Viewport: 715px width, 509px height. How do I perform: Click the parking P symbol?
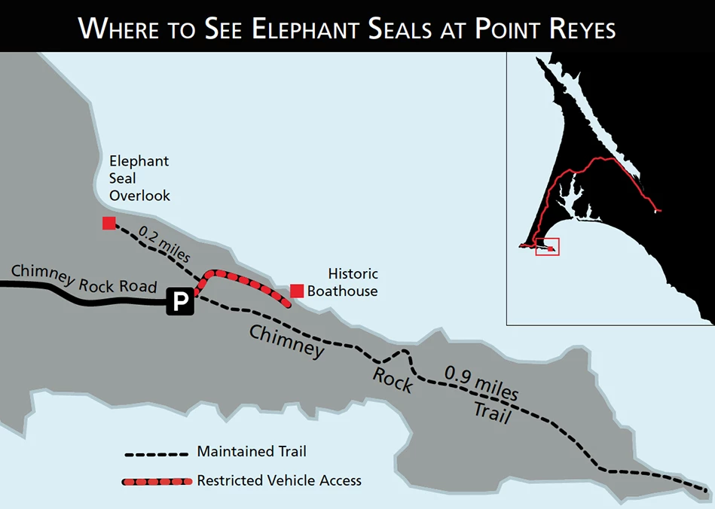(181, 303)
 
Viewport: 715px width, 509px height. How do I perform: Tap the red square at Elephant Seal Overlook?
(109, 223)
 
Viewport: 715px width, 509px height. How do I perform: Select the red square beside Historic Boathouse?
(297, 291)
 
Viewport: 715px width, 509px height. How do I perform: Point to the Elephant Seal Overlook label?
(139, 178)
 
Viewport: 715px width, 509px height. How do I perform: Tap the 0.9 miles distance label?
(481, 383)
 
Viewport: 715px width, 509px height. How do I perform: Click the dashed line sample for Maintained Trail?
(156, 455)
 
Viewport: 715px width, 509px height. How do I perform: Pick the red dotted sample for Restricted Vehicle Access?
(156, 480)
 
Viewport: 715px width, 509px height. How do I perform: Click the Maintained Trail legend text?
(252, 452)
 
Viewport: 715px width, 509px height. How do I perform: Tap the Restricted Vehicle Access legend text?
(279, 480)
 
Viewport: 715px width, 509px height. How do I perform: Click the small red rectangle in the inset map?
(547, 246)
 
